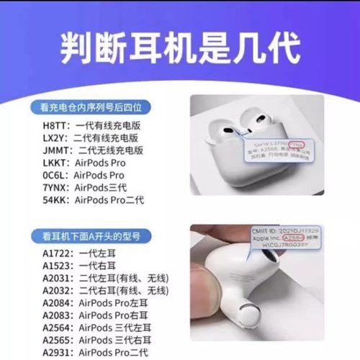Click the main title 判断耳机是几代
pyautogui.click(x=179, y=48)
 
